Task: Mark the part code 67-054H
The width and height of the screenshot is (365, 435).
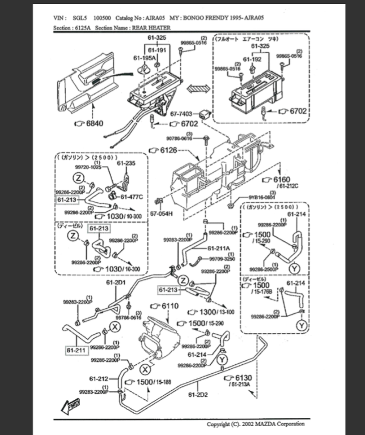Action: [161, 214]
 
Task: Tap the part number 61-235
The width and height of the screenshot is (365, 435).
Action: [126, 163]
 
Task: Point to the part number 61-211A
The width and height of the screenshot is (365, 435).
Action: [218, 248]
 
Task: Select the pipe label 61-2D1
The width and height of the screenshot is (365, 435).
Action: [116, 282]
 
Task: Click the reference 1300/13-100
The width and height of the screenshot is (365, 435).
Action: [213, 312]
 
